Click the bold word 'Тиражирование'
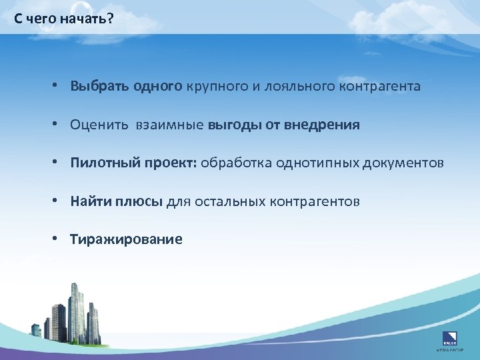tap(126, 239)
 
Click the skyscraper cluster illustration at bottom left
tap(73, 317)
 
